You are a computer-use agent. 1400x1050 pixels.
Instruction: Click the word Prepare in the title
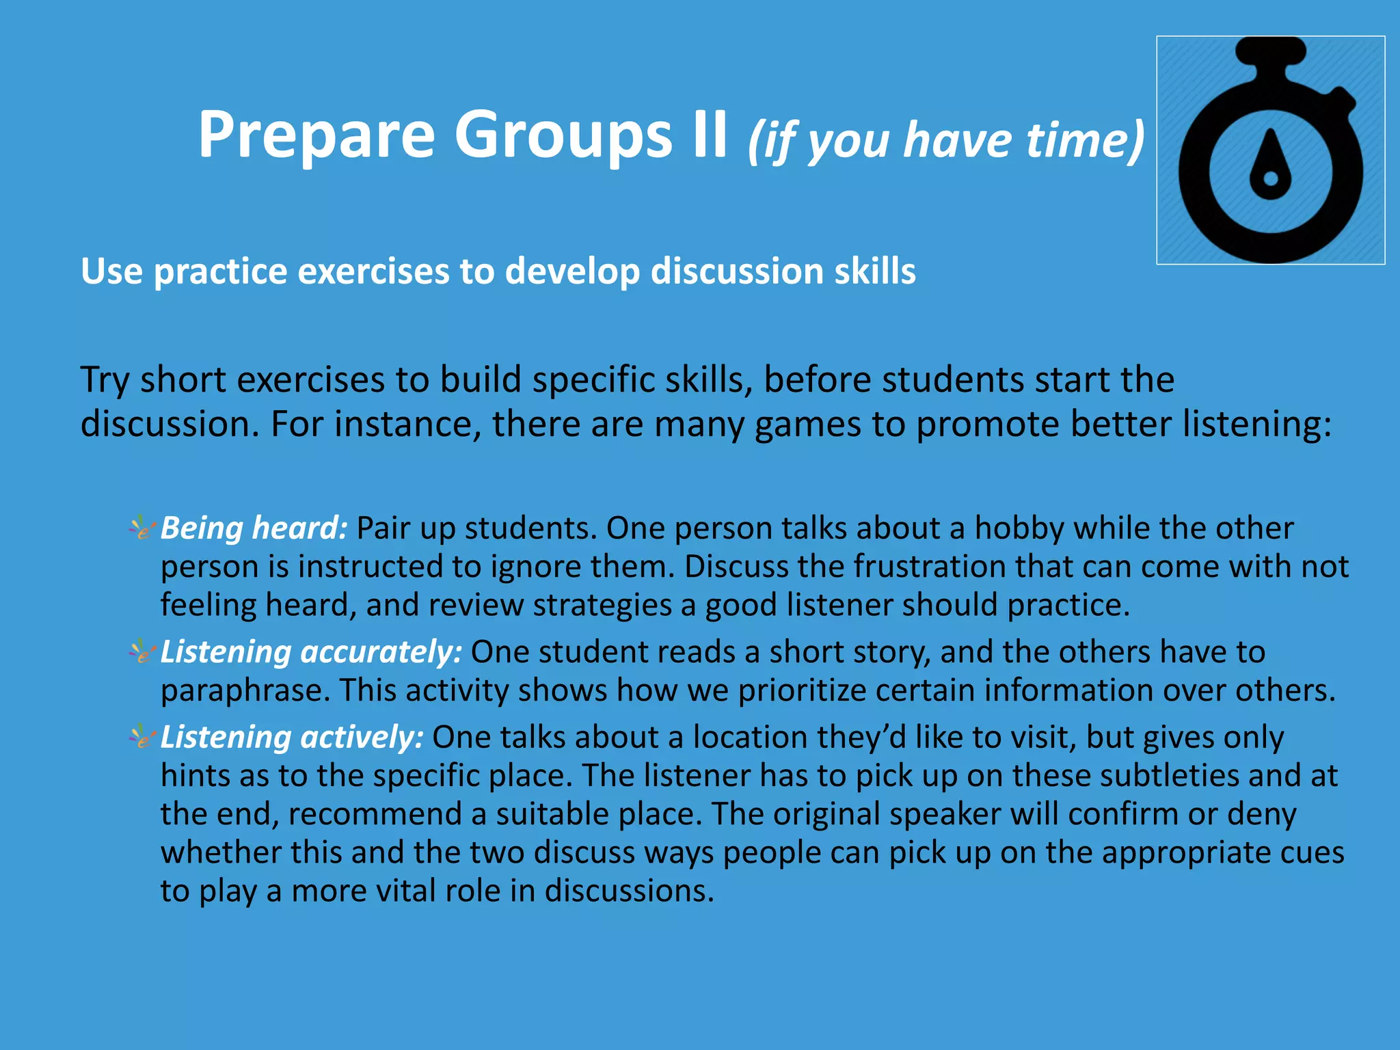316,135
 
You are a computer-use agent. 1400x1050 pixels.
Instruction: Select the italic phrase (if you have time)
946,140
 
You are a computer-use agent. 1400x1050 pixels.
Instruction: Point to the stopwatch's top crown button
1271,51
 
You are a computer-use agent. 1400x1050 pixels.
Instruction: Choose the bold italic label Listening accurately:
312,651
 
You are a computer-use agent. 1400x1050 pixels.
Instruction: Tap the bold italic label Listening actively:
293,737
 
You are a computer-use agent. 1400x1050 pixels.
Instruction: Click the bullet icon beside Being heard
142,528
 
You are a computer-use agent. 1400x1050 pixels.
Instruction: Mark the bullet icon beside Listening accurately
142,651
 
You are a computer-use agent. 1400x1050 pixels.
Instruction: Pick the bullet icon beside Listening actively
142,737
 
